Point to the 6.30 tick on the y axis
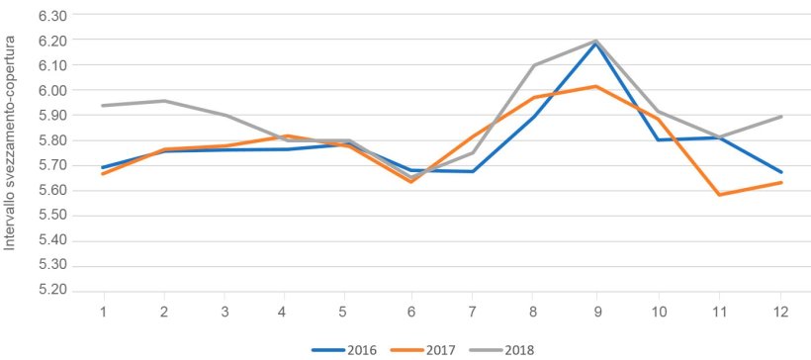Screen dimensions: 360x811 click(x=50, y=16)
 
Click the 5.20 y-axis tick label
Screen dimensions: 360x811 click(x=50, y=291)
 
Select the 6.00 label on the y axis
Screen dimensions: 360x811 click(x=50, y=91)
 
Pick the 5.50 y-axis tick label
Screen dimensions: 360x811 click(x=50, y=216)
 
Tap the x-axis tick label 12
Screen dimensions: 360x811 click(x=781, y=311)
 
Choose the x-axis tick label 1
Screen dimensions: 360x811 click(x=103, y=311)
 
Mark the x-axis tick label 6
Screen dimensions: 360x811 click(x=411, y=311)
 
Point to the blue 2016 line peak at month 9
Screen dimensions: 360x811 click(x=595, y=44)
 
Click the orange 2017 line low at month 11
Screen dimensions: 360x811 click(x=719, y=195)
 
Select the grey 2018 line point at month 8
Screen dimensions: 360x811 click(x=534, y=65)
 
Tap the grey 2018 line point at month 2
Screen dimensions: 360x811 click(x=164, y=101)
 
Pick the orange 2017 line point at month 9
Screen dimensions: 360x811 click(x=595, y=86)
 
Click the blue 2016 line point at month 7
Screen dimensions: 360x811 click(x=473, y=171)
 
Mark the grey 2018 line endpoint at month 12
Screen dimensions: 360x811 click(x=781, y=117)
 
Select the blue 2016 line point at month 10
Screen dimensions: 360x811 click(x=658, y=139)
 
